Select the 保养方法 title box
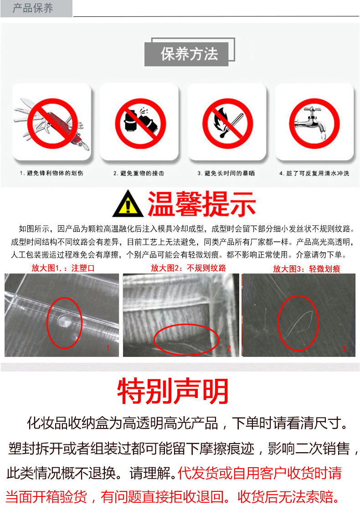[189, 54]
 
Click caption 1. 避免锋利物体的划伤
[51, 173]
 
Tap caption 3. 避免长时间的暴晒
[226, 173]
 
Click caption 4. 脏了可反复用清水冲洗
[314, 173]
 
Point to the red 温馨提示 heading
[201, 205]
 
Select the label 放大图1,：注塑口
[63, 268]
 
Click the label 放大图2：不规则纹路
[189, 268]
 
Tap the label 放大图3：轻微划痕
[306, 268]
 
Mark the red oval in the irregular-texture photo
[186, 340]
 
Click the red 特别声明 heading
[173, 391]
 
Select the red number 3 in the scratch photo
[344, 348]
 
